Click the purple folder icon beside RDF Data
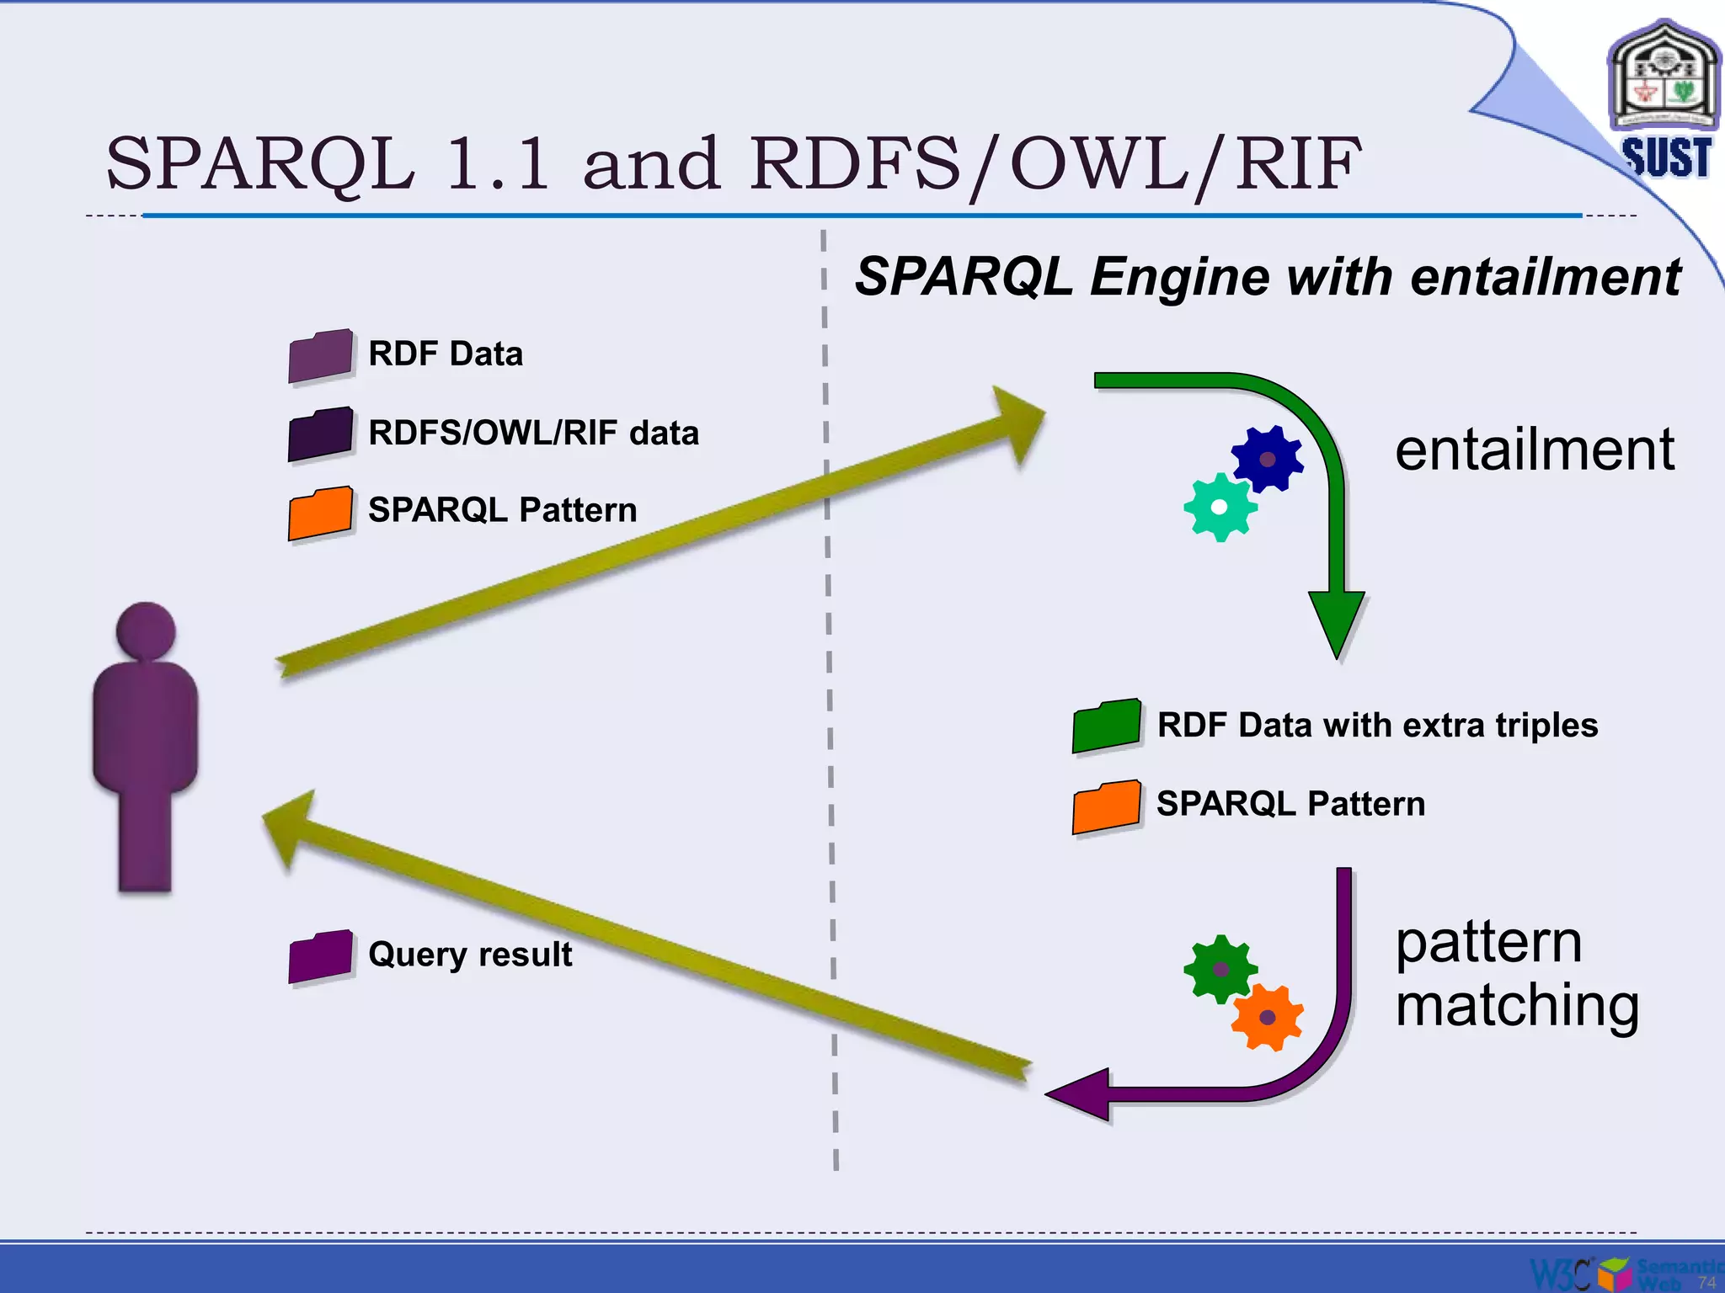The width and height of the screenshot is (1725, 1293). coord(320,356)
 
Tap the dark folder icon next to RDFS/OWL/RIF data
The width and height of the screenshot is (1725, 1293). coord(320,434)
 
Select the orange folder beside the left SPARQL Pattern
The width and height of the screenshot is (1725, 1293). coord(320,513)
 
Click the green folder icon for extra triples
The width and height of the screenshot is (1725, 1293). coord(1107,726)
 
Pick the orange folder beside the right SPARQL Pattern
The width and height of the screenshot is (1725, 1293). coord(1107,806)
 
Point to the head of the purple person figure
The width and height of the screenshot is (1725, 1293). coord(146,630)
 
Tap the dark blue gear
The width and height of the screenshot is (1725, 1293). coord(1267,459)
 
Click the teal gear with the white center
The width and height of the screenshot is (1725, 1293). coord(1220,507)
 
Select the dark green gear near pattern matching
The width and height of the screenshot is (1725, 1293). coord(1220,969)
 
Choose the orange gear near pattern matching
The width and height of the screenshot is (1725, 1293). coord(1267,1017)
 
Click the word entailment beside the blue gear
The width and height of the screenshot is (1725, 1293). coord(1534,450)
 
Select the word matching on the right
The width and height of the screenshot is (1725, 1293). coord(1517,1005)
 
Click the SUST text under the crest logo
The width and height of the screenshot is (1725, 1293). coord(1666,157)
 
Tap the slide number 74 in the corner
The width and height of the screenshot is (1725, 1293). coord(1706,1281)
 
